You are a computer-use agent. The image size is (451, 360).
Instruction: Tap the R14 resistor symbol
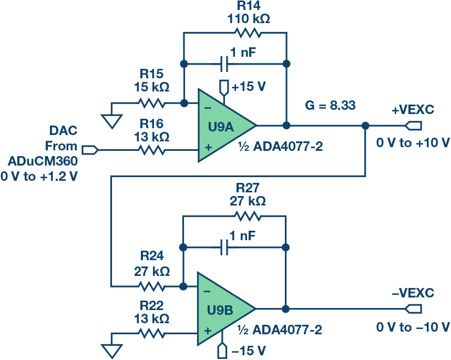tap(248, 33)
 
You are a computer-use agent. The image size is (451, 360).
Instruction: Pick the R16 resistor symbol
tap(151, 150)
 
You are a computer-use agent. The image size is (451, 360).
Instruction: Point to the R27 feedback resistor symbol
tap(248, 215)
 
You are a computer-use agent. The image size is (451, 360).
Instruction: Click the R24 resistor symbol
tap(151, 286)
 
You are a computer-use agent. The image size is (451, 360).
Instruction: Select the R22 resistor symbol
tap(151, 332)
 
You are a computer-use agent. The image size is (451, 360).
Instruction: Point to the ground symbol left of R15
tap(111, 121)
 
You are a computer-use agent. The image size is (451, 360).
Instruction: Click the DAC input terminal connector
tap(90, 150)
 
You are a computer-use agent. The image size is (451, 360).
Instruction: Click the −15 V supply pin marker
tap(224, 349)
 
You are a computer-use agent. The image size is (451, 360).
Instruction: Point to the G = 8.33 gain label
tap(330, 106)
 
